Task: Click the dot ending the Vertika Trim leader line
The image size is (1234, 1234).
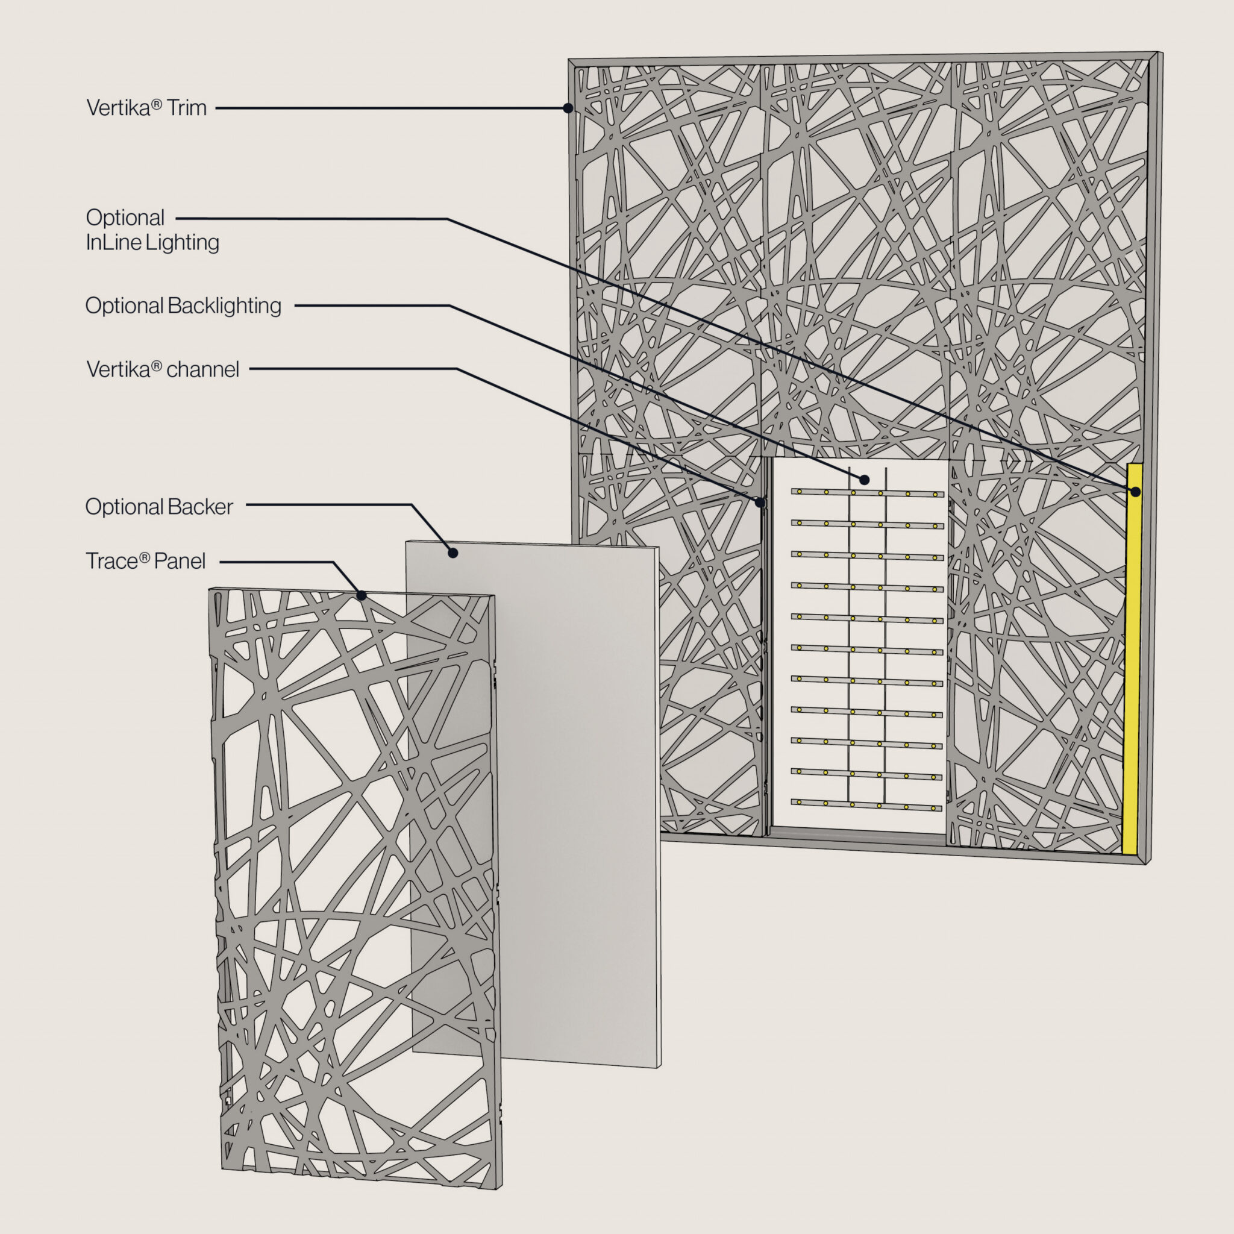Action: pyautogui.click(x=568, y=108)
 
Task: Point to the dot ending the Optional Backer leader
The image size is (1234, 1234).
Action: pyautogui.click(x=453, y=553)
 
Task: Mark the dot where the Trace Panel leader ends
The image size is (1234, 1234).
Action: pyautogui.click(x=362, y=595)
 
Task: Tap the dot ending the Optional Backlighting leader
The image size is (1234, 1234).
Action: pyautogui.click(x=864, y=480)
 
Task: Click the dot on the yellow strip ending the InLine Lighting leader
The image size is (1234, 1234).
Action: pyautogui.click(x=1136, y=492)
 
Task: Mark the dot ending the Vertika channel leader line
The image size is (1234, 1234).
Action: pyautogui.click(x=760, y=502)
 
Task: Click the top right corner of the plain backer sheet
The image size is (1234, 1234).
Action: pyautogui.click(x=659, y=547)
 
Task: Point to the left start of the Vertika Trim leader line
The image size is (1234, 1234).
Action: pyautogui.click(x=216, y=108)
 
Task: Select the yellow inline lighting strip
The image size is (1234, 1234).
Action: pyautogui.click(x=1132, y=658)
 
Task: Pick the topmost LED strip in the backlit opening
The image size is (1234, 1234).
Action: pyautogui.click(x=868, y=492)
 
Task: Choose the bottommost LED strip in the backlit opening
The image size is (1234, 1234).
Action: pyautogui.click(x=866, y=805)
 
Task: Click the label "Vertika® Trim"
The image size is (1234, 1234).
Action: pyautogui.click(x=146, y=108)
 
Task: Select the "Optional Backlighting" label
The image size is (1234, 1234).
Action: pyautogui.click(x=183, y=306)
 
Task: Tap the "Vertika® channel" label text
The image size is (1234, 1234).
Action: pyautogui.click(x=163, y=369)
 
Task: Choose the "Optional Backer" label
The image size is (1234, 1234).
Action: pyautogui.click(x=159, y=507)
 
